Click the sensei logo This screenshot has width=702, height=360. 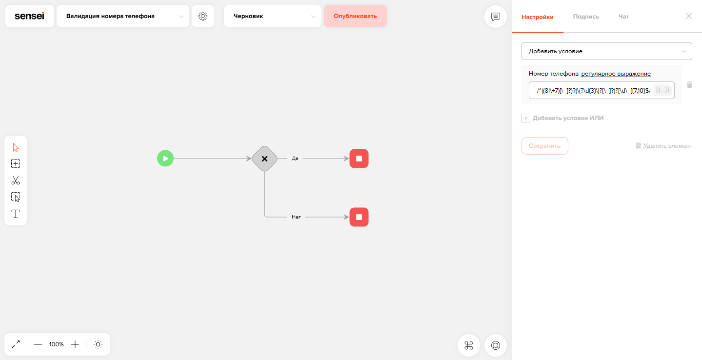coord(29,16)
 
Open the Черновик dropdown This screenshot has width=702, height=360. coord(272,16)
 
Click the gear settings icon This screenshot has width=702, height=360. coord(203,16)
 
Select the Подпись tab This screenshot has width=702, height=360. coord(586,17)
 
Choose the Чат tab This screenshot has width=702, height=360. coord(623,17)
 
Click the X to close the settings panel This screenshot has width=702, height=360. coord(688,16)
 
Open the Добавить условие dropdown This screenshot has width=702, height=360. coord(606,51)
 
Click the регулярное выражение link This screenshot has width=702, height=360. coord(616,74)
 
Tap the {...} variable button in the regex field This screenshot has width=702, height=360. coord(662,90)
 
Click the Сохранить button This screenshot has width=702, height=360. coord(545,146)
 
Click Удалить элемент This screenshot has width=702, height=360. coord(664,146)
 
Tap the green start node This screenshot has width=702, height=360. coord(165,159)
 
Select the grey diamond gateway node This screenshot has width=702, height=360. coord(264,159)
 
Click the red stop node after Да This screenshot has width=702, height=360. coord(359,159)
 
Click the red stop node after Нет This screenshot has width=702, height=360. coord(359,217)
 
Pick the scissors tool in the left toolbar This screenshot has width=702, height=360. coord(15,180)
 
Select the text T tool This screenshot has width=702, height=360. coord(15,214)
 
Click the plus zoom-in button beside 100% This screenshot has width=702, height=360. coord(75,344)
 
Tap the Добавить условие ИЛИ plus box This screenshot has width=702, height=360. coord(525,118)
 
